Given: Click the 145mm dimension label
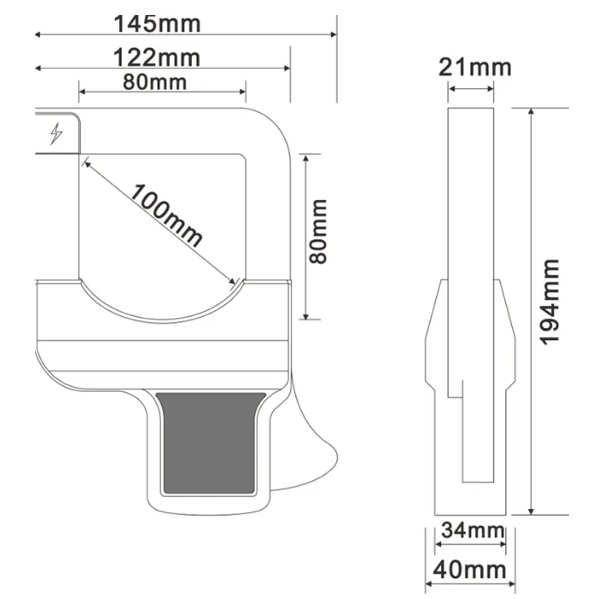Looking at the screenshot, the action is point(157,24).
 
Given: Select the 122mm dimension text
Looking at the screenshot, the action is point(156,58).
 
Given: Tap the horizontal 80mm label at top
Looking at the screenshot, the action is point(155,82).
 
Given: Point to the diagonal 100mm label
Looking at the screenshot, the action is point(165,215).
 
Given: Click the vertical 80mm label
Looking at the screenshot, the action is point(317,231).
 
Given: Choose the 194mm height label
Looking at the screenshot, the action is point(550,302).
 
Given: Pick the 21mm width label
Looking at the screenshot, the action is point(475,67).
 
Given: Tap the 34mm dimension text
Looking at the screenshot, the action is point(472,530).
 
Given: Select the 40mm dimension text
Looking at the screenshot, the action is point(469,570).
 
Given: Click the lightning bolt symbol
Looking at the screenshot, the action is point(57,133).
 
